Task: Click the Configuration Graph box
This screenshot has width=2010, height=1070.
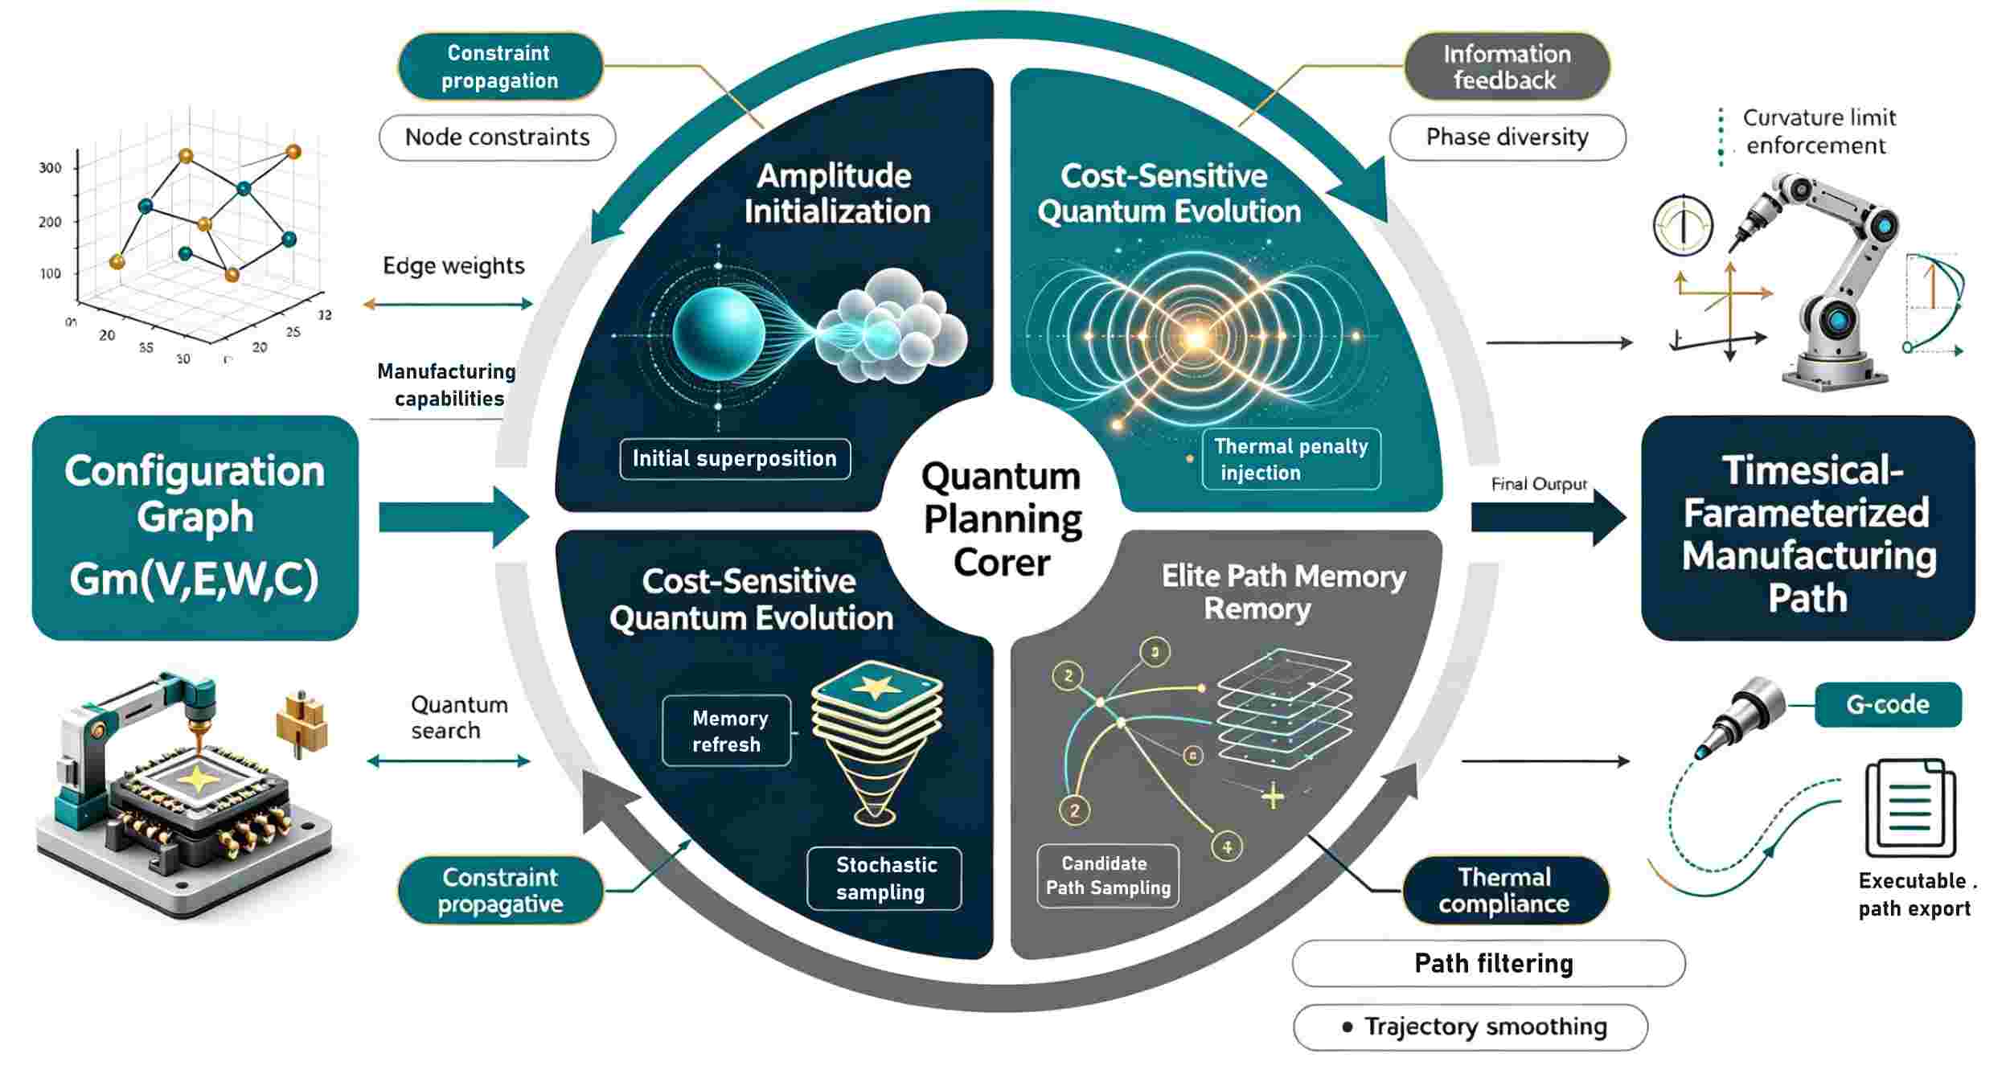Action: pyautogui.click(x=195, y=527)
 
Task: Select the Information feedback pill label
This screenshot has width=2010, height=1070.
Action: pyautogui.click(x=1507, y=67)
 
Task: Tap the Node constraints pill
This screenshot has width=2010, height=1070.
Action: pyautogui.click(x=497, y=137)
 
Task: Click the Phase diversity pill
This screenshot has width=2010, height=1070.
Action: pyautogui.click(x=1507, y=137)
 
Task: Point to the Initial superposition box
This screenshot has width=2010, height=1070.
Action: pyautogui.click(x=735, y=459)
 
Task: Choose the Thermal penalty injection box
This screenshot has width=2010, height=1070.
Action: pyautogui.click(x=1291, y=459)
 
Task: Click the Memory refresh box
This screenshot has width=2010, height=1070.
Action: pyautogui.click(x=727, y=731)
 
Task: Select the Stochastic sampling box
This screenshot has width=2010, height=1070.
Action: pyautogui.click(x=884, y=879)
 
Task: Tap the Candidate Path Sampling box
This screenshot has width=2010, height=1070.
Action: pyautogui.click(x=1108, y=875)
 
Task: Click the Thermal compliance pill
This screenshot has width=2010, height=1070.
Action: pyautogui.click(x=1505, y=891)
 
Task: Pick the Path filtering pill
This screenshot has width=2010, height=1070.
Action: pyautogui.click(x=1489, y=963)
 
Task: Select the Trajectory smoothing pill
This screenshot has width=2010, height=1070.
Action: pyautogui.click(x=1471, y=1027)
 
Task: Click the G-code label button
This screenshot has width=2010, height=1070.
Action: pyautogui.click(x=1888, y=705)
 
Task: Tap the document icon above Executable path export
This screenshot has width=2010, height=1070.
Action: pyautogui.click(x=1910, y=808)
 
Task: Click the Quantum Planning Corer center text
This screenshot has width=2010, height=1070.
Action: pyautogui.click(x=1002, y=519)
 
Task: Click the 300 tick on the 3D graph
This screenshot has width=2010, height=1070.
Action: pyautogui.click(x=50, y=168)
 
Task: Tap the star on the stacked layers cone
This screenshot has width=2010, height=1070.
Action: pyautogui.click(x=876, y=687)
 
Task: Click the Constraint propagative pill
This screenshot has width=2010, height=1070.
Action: pyautogui.click(x=500, y=891)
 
